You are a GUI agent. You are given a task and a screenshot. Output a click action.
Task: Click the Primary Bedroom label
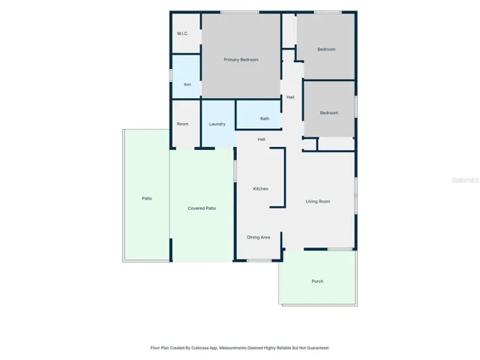click(x=241, y=60)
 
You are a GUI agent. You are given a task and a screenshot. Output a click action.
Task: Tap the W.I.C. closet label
click(x=182, y=34)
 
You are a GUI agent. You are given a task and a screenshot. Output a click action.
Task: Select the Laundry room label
click(x=217, y=124)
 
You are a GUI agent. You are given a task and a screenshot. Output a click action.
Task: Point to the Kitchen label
click(x=261, y=189)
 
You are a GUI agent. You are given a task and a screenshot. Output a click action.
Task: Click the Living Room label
click(x=318, y=202)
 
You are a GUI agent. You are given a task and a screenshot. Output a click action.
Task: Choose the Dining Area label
click(x=258, y=237)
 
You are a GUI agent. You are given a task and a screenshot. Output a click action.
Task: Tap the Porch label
click(x=317, y=281)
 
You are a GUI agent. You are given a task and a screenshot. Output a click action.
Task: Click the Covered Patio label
click(x=202, y=208)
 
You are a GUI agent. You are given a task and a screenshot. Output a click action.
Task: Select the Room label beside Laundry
click(x=182, y=124)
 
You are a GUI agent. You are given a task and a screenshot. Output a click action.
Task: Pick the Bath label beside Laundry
click(x=265, y=118)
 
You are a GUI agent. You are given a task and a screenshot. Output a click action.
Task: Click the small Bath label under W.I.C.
click(x=187, y=85)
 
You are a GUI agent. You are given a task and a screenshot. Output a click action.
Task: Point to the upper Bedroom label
click(x=326, y=49)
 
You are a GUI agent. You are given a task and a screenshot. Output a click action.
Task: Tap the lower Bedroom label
click(x=329, y=113)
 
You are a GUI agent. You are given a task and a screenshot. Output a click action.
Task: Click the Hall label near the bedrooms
click(x=290, y=97)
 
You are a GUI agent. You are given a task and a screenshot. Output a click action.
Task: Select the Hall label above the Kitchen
click(x=261, y=139)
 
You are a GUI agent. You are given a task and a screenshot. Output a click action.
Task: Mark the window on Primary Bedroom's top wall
click(x=240, y=12)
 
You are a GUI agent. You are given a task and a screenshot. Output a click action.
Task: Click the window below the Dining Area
click(x=259, y=261)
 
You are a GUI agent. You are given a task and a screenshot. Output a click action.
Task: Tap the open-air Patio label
click(x=147, y=198)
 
